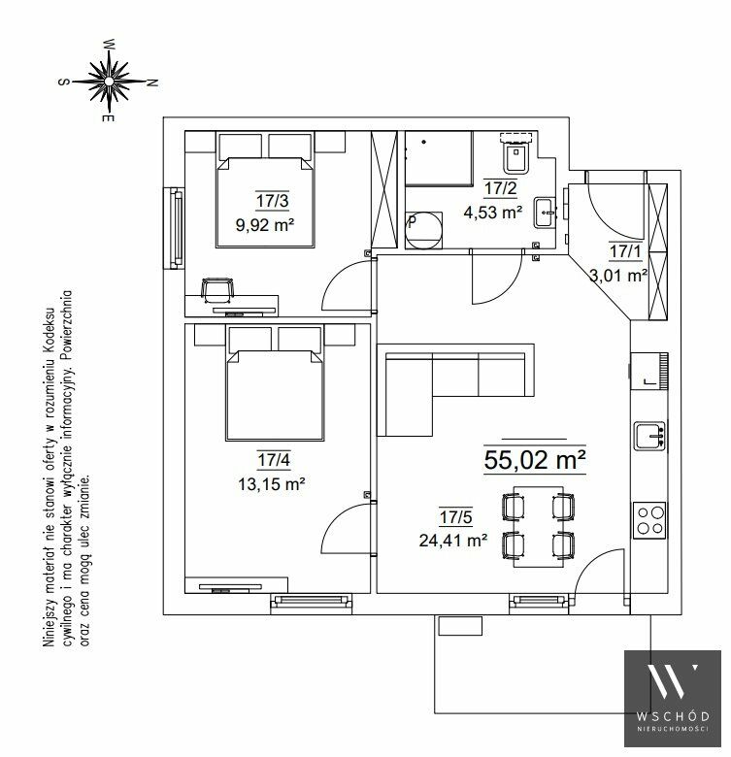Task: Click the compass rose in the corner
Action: click(109, 81)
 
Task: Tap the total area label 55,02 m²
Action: click(535, 460)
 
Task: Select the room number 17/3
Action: click(273, 200)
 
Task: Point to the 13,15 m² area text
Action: click(272, 483)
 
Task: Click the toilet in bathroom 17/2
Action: click(516, 153)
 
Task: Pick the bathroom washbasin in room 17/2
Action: click(546, 212)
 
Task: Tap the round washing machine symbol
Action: click(423, 230)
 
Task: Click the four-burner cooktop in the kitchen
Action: click(649, 520)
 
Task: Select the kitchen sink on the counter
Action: click(649, 436)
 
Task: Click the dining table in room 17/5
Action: click(538, 527)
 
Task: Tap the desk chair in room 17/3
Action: click(216, 289)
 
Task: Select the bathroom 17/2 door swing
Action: click(496, 278)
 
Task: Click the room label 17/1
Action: click(625, 251)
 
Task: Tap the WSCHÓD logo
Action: click(673, 698)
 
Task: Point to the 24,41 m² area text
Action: click(453, 541)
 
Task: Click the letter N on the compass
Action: click(152, 82)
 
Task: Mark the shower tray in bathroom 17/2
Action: click(439, 158)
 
